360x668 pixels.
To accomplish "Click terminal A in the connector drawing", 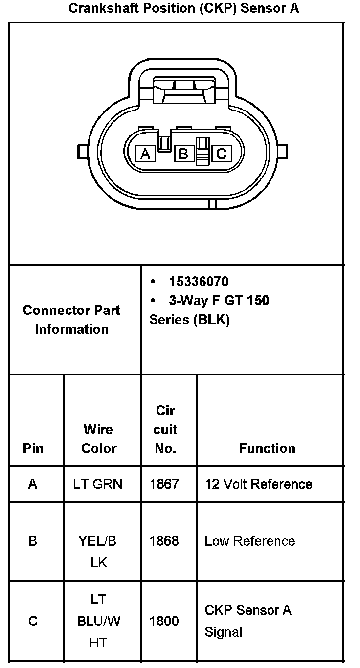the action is click(x=145, y=154).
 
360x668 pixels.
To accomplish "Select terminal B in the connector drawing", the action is click(x=183, y=154).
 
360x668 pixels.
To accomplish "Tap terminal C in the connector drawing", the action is click(x=221, y=154).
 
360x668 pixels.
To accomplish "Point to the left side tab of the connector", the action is click(x=82, y=151).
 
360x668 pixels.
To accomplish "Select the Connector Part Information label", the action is click(x=71, y=319).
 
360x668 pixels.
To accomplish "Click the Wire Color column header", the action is click(x=99, y=439).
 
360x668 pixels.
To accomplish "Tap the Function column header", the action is click(x=267, y=448).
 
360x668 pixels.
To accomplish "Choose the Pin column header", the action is click(x=33, y=448).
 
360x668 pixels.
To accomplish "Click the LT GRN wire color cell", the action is click(x=98, y=484).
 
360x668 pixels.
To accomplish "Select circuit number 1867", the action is click(x=164, y=484).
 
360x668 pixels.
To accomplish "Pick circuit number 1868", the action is click(x=164, y=541).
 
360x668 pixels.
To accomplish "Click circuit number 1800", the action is click(x=164, y=621).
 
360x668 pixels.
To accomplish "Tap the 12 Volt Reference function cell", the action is click(x=258, y=484).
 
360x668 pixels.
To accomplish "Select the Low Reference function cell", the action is click(x=250, y=541).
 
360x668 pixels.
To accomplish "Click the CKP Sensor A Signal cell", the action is click(x=247, y=621).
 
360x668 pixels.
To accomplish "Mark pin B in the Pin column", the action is click(x=33, y=541).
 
